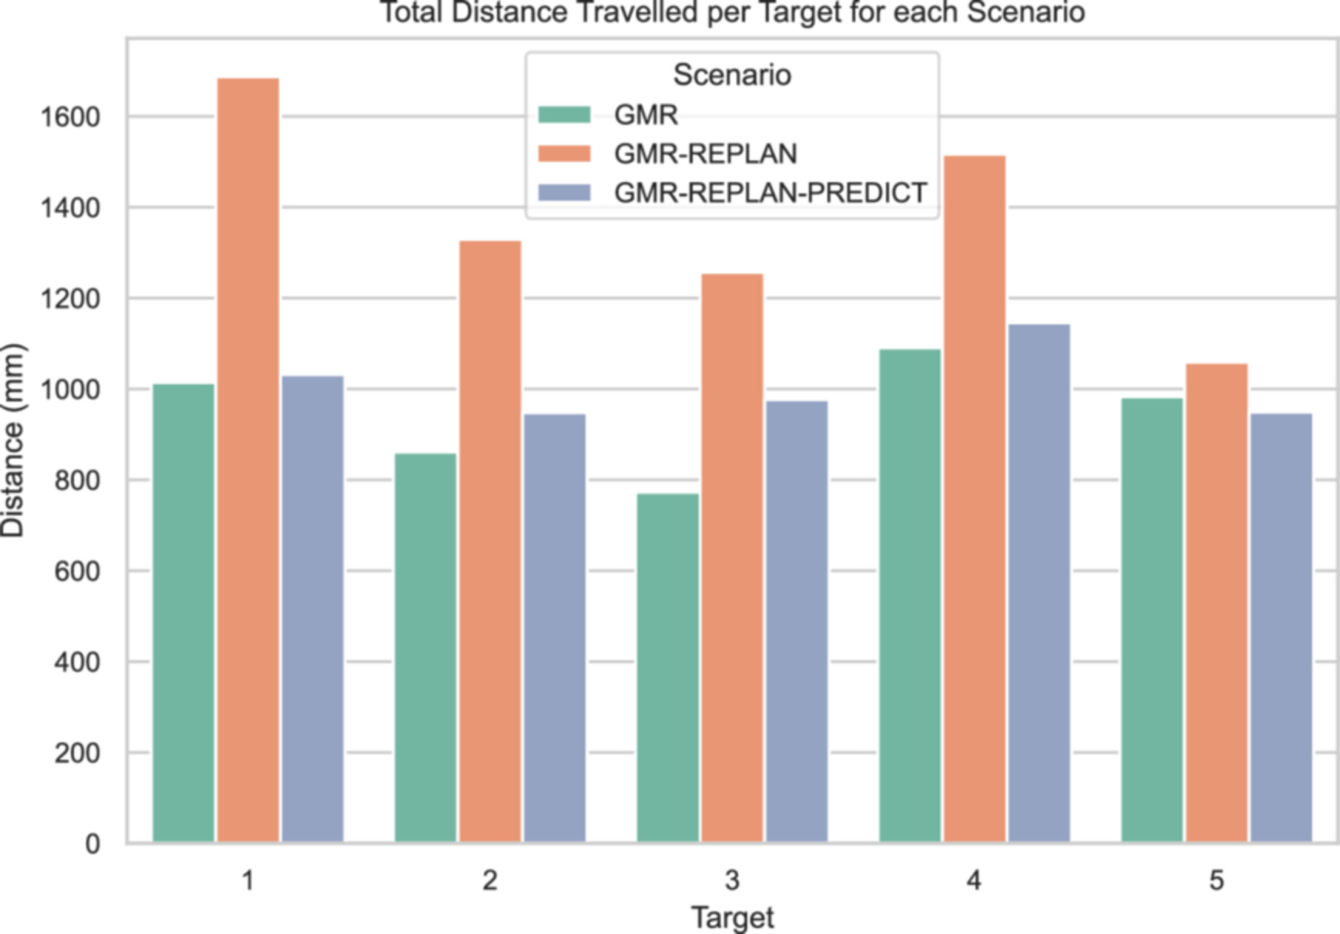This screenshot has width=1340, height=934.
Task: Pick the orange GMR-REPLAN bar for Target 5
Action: tap(1216, 603)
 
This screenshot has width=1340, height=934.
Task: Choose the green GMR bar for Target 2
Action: tap(426, 648)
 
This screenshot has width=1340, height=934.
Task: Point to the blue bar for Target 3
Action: tap(797, 622)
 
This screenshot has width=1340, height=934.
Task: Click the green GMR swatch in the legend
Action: tap(564, 115)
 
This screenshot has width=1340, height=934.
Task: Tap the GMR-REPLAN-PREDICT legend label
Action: tap(770, 192)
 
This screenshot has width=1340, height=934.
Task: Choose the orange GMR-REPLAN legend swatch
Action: tap(564, 154)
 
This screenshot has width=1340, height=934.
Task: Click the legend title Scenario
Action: tap(731, 75)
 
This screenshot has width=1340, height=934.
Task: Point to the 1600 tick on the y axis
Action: tap(70, 117)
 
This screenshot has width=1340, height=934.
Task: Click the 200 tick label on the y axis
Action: tap(77, 753)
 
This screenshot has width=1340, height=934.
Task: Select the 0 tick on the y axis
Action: tap(92, 844)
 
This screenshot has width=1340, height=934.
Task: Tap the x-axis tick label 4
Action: tap(974, 880)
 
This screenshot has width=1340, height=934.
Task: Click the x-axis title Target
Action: tap(732, 918)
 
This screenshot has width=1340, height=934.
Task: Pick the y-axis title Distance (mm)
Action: tap(13, 440)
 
